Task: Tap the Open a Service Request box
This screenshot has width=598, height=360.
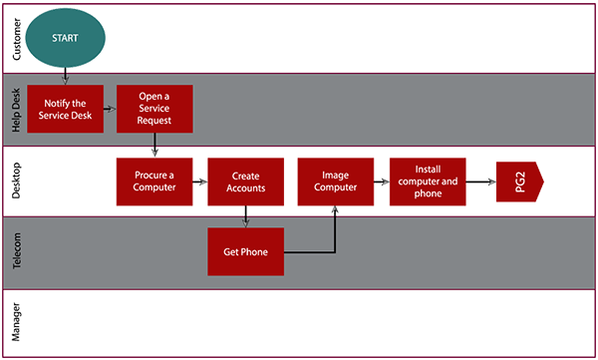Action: pos(153,107)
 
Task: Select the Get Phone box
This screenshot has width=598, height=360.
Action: pos(245,251)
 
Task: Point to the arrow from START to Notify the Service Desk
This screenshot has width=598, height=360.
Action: pos(66,76)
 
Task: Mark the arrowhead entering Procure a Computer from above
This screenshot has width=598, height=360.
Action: pos(154,152)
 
